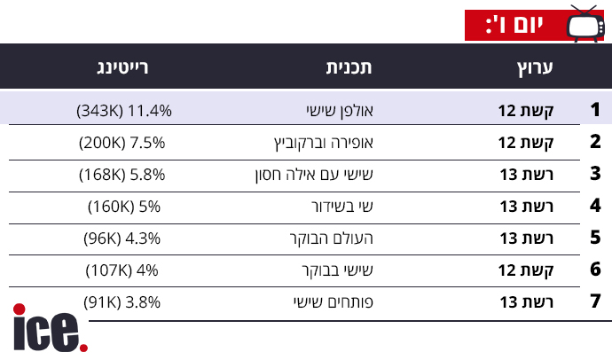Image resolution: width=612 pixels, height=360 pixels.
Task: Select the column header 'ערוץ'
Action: tap(535, 67)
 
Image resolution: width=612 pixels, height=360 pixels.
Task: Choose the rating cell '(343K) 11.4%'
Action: tap(124, 111)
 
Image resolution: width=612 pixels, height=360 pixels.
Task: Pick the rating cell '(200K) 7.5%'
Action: tap(124, 143)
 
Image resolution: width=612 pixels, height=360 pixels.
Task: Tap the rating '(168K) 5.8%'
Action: tap(124, 175)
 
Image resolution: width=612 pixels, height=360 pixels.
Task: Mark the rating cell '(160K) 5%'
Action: tap(124, 207)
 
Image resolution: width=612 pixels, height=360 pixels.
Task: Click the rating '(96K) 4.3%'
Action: tap(124, 239)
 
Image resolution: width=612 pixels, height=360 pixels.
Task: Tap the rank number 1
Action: tap(595, 111)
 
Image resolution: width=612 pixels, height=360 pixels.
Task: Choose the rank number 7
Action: tap(595, 302)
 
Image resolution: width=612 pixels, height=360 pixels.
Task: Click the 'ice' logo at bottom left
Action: tap(50, 329)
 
